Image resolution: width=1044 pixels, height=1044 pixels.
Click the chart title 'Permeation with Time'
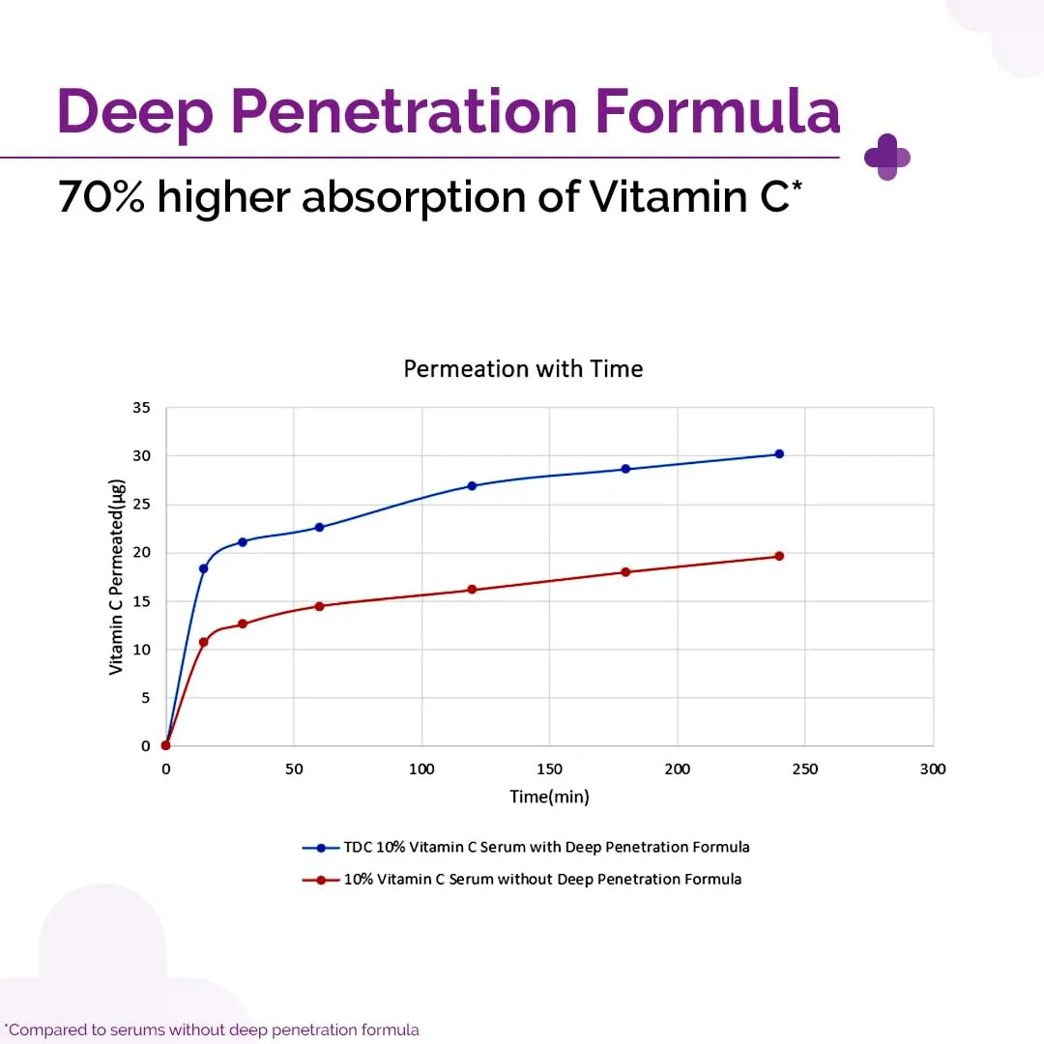523,368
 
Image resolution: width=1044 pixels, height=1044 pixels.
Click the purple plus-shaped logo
886,157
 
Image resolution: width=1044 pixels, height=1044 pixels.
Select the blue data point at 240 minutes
779,453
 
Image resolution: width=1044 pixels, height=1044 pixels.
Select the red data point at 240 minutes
779,556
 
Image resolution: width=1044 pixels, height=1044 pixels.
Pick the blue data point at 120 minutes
472,485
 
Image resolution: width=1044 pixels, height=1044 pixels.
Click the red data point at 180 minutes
625,571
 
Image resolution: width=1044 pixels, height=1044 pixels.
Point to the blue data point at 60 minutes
319,527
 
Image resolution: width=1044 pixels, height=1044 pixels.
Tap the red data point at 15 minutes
204,642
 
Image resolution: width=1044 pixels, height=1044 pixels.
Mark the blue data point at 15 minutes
204,568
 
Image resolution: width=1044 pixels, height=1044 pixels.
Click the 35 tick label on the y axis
141,408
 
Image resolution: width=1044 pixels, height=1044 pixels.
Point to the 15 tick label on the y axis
141,601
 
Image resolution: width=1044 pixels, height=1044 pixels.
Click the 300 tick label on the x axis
933,769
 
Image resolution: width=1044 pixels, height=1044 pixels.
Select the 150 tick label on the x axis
549,769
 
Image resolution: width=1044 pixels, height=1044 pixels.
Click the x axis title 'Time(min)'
549,797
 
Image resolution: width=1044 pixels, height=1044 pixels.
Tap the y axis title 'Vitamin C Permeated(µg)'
116,576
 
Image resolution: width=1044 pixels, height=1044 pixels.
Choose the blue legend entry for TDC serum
526,847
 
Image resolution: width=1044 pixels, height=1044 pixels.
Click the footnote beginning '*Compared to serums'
212,1029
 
